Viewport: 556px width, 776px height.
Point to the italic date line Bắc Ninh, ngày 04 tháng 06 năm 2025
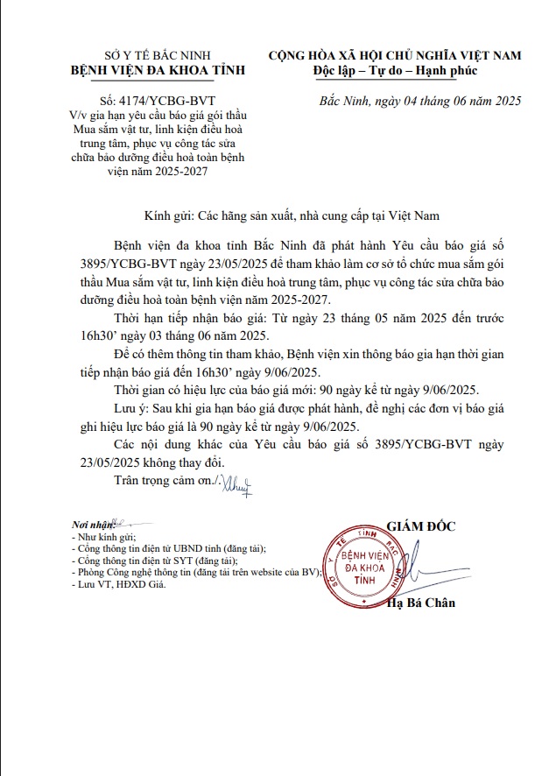click(421, 101)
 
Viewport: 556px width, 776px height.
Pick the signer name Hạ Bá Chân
click(421, 603)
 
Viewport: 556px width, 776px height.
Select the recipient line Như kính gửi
click(104, 536)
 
